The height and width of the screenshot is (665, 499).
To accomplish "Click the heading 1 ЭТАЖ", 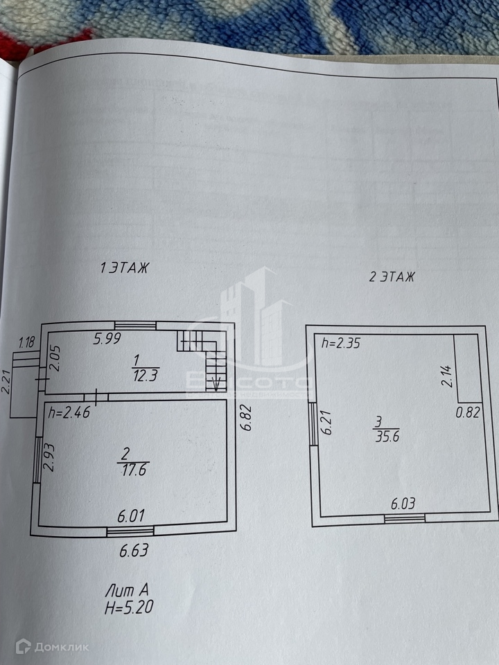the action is point(125,267).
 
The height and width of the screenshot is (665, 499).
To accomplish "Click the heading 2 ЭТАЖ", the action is point(392,278).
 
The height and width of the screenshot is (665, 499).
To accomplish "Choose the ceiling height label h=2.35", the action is point(341,342).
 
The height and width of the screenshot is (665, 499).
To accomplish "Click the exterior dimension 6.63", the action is point(134,552).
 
